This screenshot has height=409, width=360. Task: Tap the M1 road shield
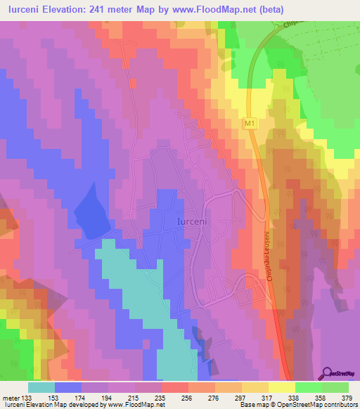[249, 124]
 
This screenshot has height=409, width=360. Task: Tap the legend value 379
[345, 397]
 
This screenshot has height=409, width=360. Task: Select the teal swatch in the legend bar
[41, 387]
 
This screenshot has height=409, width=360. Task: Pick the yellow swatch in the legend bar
[281, 387]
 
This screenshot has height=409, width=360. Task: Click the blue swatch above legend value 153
[68, 387]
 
